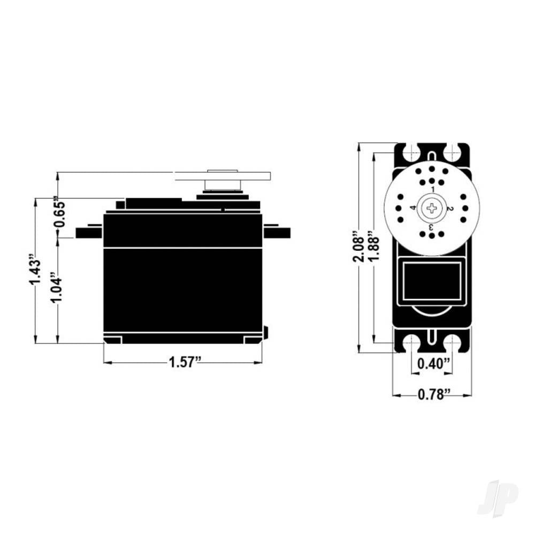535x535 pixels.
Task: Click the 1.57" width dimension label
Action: [185, 362]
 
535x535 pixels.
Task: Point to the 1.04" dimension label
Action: [57, 289]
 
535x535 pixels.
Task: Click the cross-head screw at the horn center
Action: [432, 208]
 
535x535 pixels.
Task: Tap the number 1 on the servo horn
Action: [432, 190]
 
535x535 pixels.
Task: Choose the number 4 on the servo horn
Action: [413, 208]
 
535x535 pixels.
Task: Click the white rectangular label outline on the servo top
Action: [432, 281]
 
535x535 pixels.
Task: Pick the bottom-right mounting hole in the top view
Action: [453, 344]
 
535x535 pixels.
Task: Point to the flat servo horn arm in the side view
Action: [223, 176]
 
